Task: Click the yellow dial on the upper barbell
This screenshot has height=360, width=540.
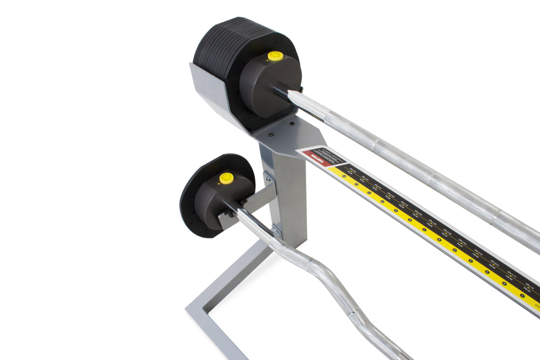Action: point(275,56)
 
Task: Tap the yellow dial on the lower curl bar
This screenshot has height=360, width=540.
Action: point(226,178)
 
